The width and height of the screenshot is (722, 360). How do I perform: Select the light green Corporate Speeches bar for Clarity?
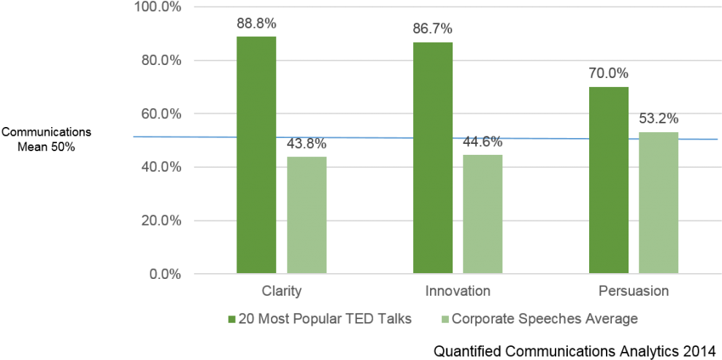coord(307,215)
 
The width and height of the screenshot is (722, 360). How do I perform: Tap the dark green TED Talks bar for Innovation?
coord(433,158)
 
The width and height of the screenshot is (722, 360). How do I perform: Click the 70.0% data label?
coord(609,74)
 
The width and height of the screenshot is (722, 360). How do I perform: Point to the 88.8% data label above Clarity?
coord(256,23)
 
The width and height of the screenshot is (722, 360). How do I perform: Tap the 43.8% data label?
coord(307,144)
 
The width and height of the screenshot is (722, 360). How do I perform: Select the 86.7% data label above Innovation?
coord(433,29)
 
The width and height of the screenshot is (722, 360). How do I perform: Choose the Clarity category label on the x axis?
coord(281,291)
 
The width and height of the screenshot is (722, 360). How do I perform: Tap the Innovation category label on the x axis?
coord(458,291)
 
